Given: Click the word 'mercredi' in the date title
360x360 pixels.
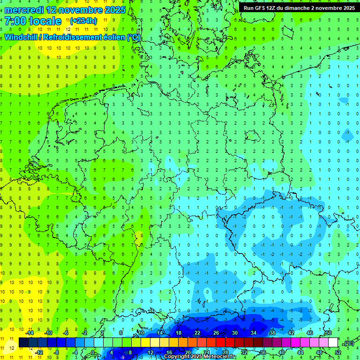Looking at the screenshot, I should tap(23, 10).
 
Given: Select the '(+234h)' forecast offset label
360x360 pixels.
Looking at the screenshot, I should tap(83, 21).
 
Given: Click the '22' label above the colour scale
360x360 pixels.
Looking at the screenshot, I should tap(197, 333).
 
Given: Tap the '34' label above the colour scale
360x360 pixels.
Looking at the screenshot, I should tap(254, 333).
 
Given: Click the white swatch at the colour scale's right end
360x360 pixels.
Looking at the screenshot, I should tap(333, 343).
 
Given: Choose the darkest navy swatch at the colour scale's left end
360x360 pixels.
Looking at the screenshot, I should tap(23, 343).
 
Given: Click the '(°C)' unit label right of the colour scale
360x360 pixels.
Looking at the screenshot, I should tap(348, 343).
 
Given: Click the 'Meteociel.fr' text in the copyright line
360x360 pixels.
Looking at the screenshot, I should tap(219, 357).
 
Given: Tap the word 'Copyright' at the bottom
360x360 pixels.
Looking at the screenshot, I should tap(177, 357).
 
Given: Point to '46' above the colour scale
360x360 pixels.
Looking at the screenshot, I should tap(310, 333).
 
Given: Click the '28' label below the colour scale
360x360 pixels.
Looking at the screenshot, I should tap(225, 352).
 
